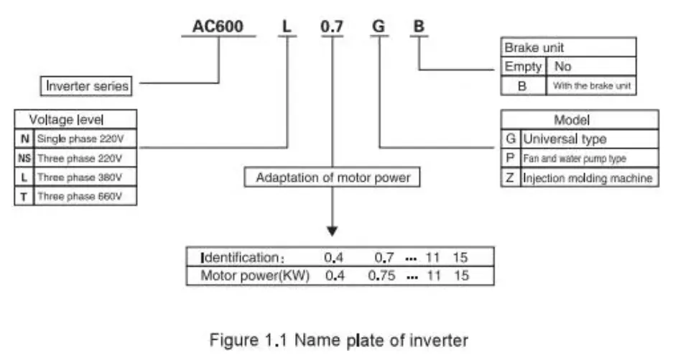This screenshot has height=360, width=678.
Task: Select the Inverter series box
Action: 88,86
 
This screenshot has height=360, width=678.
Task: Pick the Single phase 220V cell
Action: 84,138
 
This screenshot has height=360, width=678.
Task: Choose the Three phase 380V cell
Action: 84,176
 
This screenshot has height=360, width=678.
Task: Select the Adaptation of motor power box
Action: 333,177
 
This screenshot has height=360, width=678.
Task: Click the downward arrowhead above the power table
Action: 332,231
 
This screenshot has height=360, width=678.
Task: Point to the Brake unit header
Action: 534,47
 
